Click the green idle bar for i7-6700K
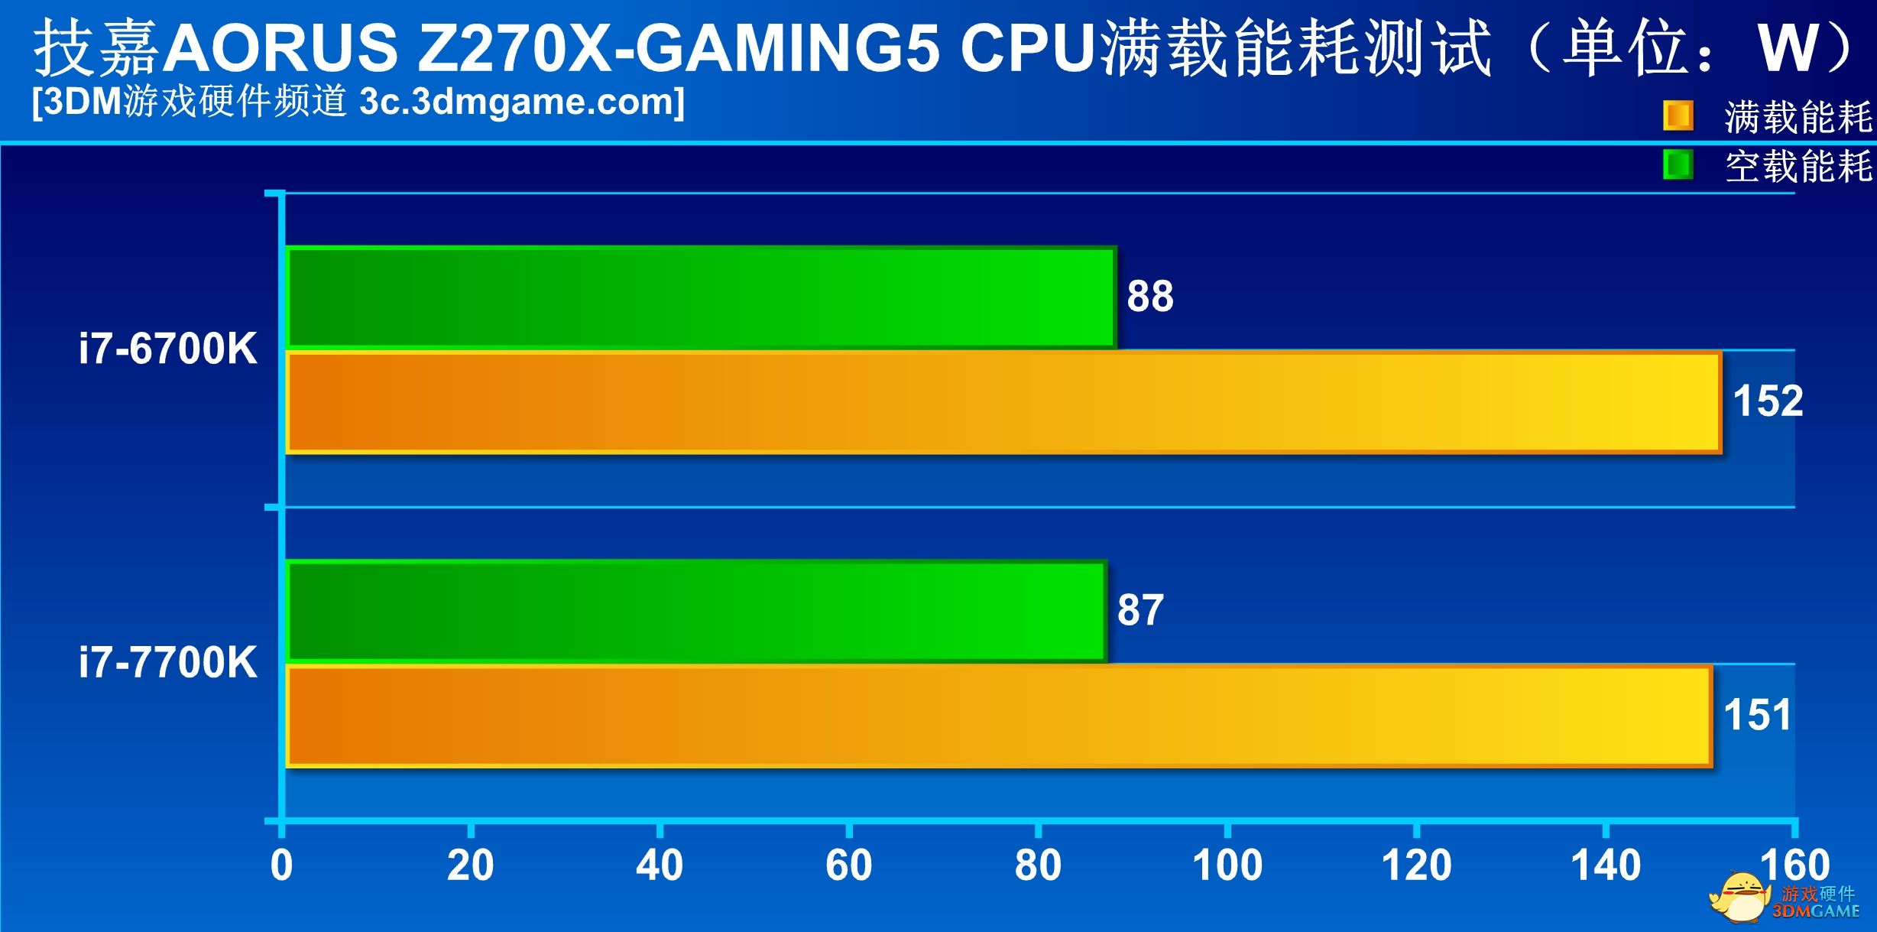[x=701, y=297]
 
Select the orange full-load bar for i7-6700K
[x=1003, y=402]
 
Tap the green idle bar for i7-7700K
[x=696, y=611]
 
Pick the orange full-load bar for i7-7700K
[x=998, y=716]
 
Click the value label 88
[x=1149, y=297]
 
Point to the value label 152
[x=1768, y=401]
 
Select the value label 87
[x=1140, y=610]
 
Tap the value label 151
[x=1758, y=716]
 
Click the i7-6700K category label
[x=167, y=349]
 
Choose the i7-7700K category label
[x=167, y=662]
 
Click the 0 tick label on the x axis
[x=281, y=865]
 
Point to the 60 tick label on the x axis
[x=848, y=865]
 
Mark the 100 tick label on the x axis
[x=1227, y=865]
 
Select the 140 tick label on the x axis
[x=1605, y=865]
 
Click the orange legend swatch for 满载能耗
[x=1678, y=116]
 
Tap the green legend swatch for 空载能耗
[x=1678, y=165]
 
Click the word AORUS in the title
[x=281, y=47]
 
